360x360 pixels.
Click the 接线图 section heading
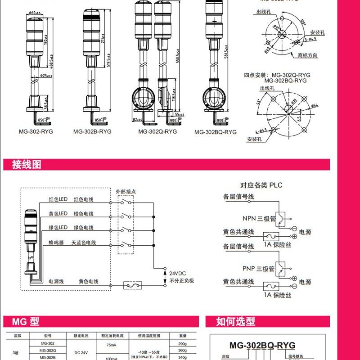coord(27,165)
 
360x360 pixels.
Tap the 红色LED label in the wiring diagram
coord(58,199)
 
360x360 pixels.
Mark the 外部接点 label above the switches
coord(126,191)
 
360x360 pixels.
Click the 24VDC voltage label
coord(178,273)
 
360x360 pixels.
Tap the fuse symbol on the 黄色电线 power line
coord(133,285)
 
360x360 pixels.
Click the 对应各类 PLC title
coord(261,185)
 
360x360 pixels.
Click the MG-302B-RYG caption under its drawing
coord(92,131)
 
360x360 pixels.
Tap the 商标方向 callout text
coord(308,55)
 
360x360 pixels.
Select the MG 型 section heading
coord(28,321)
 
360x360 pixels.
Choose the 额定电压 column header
coord(74,336)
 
